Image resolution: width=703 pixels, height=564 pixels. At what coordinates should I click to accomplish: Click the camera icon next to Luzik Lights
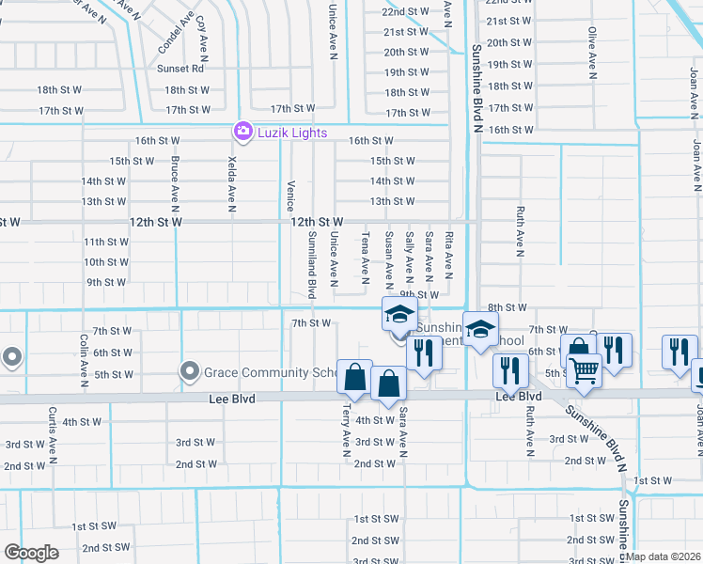coord(243,132)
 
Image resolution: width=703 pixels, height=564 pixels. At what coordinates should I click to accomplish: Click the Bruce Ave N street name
coord(175,181)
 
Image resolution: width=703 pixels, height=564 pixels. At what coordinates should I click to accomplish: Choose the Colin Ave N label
coord(84,360)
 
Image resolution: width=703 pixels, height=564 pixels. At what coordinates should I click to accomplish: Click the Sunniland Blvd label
coord(311,265)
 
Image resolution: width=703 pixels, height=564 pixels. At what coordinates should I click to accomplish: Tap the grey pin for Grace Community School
coord(190,372)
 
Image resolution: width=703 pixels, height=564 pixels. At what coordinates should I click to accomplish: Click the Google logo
coord(31,553)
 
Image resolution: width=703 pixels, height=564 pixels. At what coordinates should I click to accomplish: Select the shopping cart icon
coord(584,371)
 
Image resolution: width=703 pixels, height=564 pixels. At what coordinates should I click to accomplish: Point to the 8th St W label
coord(507,308)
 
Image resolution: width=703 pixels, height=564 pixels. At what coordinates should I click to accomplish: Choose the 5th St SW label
coord(583,539)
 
